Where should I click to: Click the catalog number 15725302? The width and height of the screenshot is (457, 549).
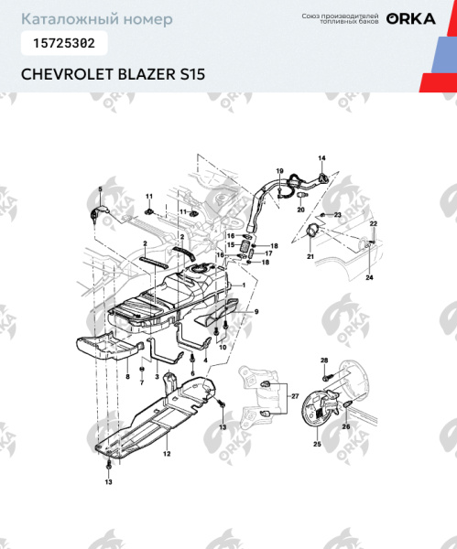pyautogui.click(x=63, y=42)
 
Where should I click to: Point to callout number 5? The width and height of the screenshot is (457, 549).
pyautogui.click(x=100, y=188)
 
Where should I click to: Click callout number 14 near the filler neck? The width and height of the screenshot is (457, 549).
pyautogui.click(x=321, y=159)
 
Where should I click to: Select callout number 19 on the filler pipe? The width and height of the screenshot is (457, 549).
pyautogui.click(x=280, y=171)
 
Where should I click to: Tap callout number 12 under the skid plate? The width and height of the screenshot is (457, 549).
pyautogui.click(x=167, y=453)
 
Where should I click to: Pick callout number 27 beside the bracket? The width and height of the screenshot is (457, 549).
pyautogui.click(x=295, y=395)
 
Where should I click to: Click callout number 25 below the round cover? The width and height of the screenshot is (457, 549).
pyautogui.click(x=317, y=444)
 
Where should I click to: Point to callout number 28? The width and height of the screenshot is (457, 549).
pyautogui.click(x=323, y=361)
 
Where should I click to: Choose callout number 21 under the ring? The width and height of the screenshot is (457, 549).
pyautogui.click(x=310, y=258)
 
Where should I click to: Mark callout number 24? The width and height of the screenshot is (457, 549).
pyautogui.click(x=369, y=276)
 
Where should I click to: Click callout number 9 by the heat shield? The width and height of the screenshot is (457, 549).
pyautogui.click(x=256, y=312)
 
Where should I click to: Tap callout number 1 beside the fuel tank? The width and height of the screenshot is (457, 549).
pyautogui.click(x=244, y=285)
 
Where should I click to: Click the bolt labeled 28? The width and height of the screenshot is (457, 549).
pyautogui.click(x=325, y=375)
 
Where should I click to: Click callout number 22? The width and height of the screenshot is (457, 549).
pyautogui.click(x=373, y=223)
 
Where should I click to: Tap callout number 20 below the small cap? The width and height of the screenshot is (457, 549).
pyautogui.click(x=300, y=210)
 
